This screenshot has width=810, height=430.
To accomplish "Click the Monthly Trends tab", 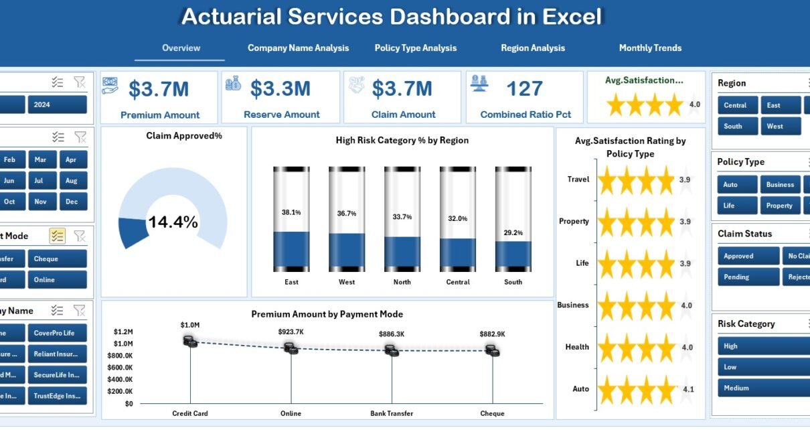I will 650,48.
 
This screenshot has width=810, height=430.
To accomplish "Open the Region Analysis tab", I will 533,48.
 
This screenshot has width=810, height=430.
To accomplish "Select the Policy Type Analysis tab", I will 415,48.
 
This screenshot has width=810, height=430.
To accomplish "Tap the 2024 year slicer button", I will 57,104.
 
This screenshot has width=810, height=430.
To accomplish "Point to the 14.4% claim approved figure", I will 173,222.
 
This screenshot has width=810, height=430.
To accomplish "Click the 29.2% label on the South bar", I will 513,232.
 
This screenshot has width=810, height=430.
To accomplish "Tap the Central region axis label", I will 458,282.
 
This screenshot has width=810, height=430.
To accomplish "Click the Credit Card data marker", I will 191,342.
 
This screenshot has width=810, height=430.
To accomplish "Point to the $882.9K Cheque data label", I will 493,334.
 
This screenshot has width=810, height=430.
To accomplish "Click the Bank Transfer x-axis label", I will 391,413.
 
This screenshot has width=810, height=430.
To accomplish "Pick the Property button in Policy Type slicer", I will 779,206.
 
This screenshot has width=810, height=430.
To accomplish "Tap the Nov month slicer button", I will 40,202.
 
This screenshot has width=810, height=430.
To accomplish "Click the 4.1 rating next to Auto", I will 688,389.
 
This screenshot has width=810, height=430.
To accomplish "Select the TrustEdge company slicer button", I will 57,396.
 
